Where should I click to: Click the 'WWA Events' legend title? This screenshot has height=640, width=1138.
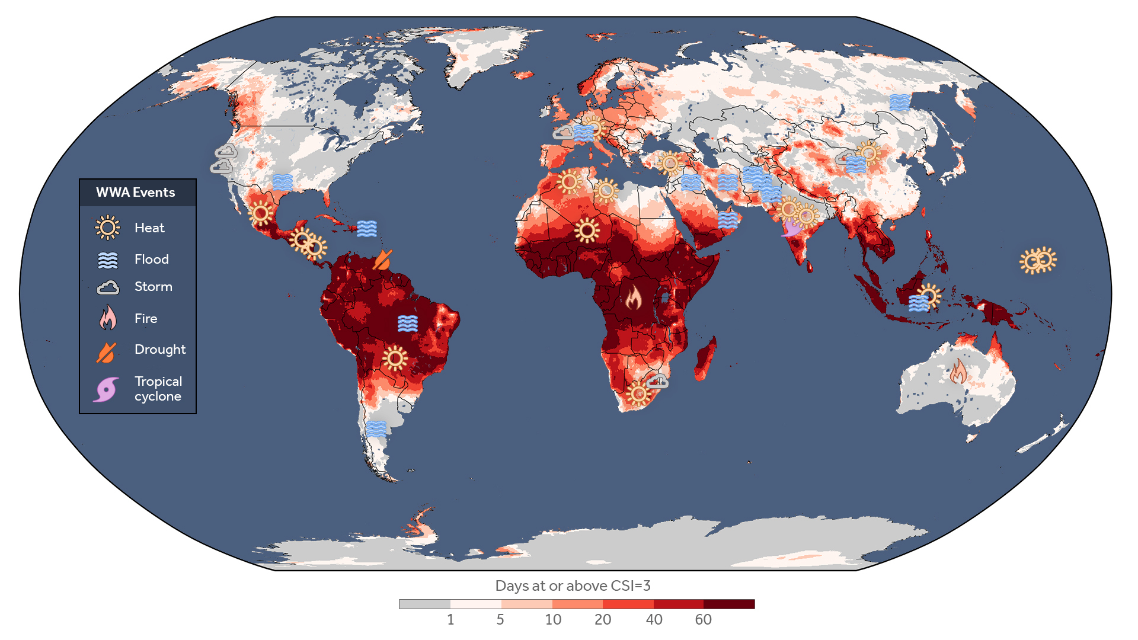tap(135, 193)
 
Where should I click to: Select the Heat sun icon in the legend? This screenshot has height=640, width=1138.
tap(107, 228)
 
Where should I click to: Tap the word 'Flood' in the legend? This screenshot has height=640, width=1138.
tap(151, 259)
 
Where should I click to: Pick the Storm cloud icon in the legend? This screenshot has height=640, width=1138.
tap(108, 287)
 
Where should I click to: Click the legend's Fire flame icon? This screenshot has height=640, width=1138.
tap(108, 318)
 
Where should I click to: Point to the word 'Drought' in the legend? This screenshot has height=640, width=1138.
tap(159, 350)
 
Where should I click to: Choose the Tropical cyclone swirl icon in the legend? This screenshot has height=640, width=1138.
tap(107, 389)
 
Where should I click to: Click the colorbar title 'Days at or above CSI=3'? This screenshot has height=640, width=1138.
tap(573, 585)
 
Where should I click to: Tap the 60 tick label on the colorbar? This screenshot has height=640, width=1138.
tap(703, 620)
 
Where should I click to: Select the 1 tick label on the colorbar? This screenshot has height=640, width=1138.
tap(450, 620)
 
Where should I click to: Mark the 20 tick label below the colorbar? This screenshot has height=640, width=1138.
tap(602, 620)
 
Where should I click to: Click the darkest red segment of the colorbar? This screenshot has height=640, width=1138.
tap(729, 604)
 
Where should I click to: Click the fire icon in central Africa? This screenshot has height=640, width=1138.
tap(633, 297)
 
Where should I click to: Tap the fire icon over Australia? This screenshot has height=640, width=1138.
tap(958, 372)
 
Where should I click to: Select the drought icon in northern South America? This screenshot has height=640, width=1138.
tap(383, 260)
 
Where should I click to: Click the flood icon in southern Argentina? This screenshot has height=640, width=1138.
tap(376, 428)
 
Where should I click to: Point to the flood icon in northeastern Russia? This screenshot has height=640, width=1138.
tap(899, 103)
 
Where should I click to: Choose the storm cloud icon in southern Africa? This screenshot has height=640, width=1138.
tap(657, 381)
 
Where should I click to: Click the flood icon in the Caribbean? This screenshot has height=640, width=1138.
tap(367, 228)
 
